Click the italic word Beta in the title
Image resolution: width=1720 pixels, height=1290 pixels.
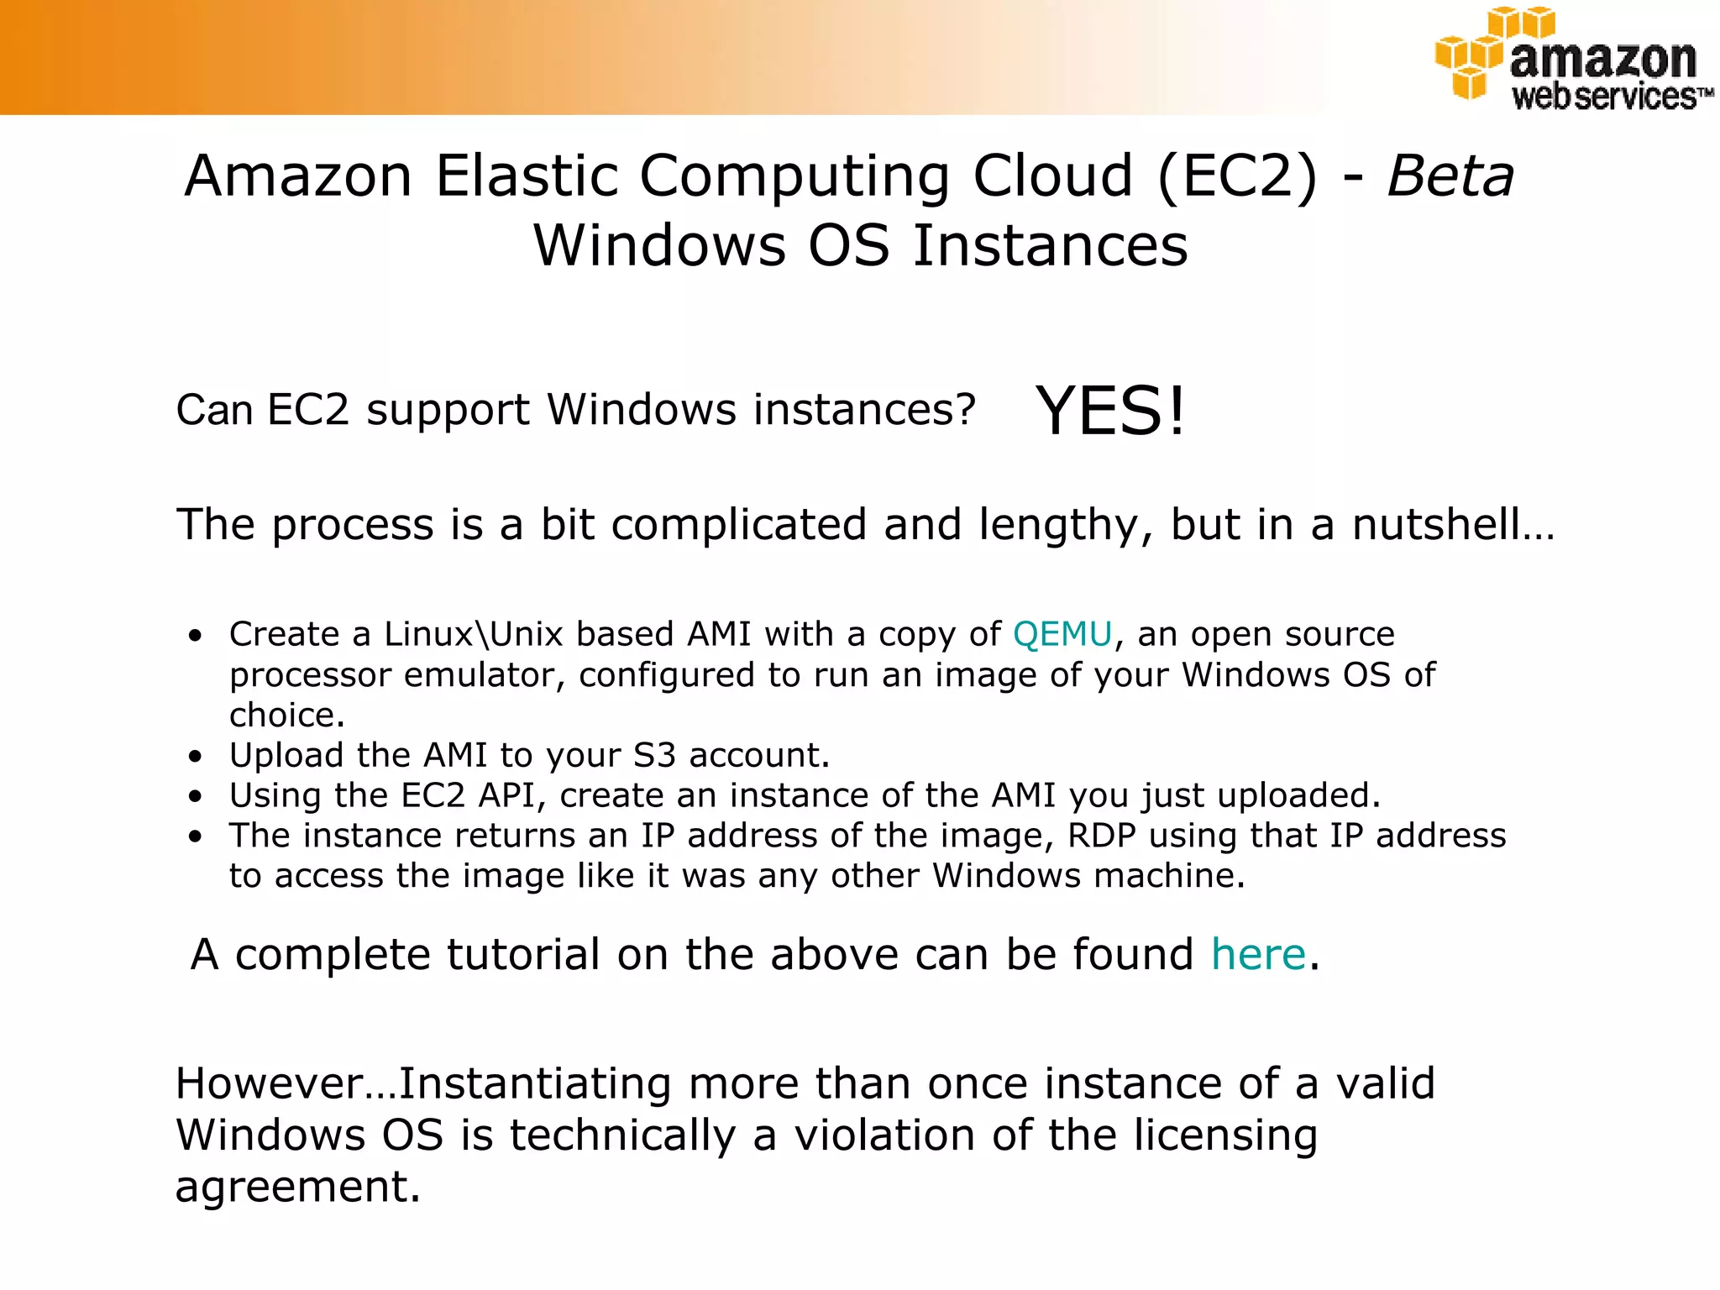pyautogui.click(x=1450, y=176)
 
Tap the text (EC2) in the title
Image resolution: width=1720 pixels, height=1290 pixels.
pyautogui.click(x=1238, y=176)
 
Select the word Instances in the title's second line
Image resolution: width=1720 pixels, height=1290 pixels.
pyautogui.click(x=1050, y=246)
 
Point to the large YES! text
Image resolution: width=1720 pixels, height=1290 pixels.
pyautogui.click(x=1110, y=411)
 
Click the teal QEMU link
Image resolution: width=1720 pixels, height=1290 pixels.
pyautogui.click(x=1062, y=634)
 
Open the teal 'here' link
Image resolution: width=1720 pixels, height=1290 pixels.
pyautogui.click(x=1258, y=955)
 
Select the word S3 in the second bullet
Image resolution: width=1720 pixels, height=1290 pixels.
pyautogui.click(x=654, y=755)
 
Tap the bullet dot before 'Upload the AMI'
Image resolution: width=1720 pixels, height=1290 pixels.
pyautogui.click(x=196, y=757)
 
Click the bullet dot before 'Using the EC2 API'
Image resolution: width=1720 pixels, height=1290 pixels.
pyautogui.click(x=196, y=796)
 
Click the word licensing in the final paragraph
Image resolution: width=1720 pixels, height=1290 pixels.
pyautogui.click(x=1225, y=1135)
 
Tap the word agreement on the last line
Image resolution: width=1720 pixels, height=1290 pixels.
pyautogui.click(x=296, y=1187)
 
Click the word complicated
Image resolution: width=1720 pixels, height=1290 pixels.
pyautogui.click(x=738, y=525)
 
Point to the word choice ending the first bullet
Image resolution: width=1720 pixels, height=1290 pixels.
pyautogui.click(x=286, y=716)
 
